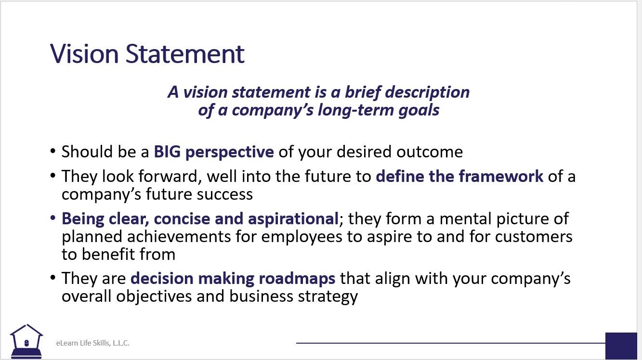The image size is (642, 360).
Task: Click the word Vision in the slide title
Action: point(84,53)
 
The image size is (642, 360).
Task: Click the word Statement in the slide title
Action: point(185,53)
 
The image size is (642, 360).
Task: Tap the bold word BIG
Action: point(168,152)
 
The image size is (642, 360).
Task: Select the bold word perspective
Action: point(230,153)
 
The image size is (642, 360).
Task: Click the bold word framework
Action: point(501,176)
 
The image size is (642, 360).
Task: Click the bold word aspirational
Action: point(293,219)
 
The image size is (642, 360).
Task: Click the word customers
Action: point(534,237)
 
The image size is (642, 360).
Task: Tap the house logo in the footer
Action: point(26,341)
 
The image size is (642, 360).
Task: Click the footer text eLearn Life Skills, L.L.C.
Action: point(92,343)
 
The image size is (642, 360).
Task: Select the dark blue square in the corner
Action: point(621,346)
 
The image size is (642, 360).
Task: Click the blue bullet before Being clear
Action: point(52,218)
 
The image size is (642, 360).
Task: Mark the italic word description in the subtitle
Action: point(427,93)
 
